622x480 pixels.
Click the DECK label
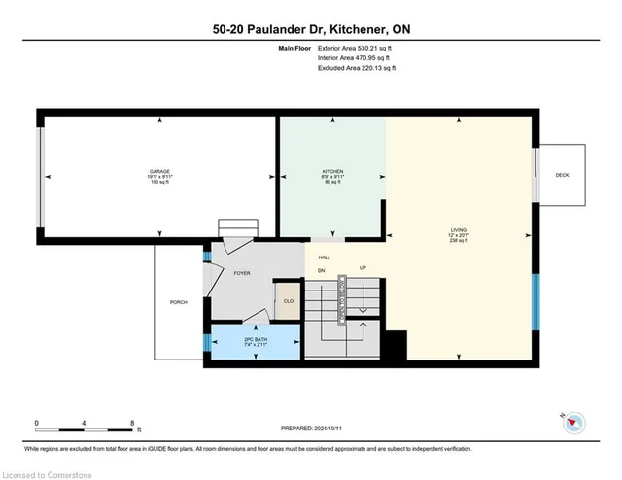[562, 175]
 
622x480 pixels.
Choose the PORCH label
[178, 303]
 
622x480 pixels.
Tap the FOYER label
[242, 273]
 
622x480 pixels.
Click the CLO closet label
[288, 301]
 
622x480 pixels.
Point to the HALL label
[325, 257]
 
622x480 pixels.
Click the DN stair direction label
[320, 268]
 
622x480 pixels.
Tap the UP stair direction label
[362, 268]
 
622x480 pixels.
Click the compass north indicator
[573, 421]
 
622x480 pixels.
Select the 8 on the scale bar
[132, 422]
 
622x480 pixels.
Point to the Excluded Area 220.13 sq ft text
[357, 68]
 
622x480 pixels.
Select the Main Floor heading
[283, 47]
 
